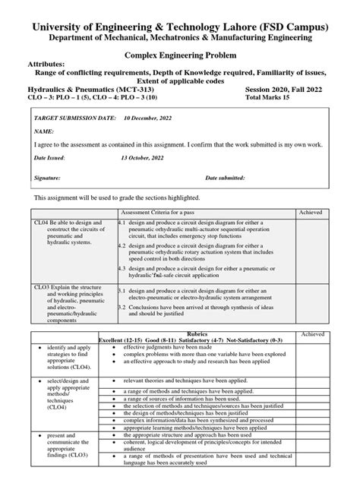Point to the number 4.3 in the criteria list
pyautogui.click(x=122, y=268)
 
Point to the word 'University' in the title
pyautogui.click(x=62, y=11)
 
